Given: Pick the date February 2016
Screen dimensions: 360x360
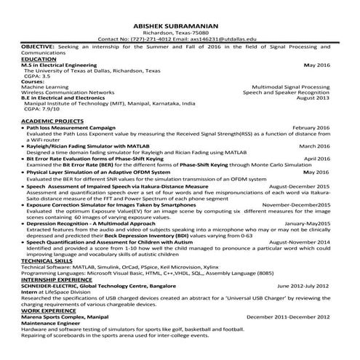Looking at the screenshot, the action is [x=311, y=127].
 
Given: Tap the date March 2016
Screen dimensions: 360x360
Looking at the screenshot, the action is [x=314, y=145].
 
